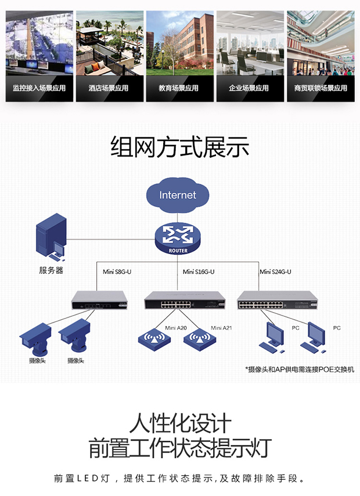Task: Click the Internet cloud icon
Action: [x=178, y=195]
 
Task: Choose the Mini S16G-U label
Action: [x=199, y=271]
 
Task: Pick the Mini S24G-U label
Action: [x=275, y=271]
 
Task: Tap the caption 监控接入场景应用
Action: [x=39, y=88]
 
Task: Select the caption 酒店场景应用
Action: [x=110, y=88]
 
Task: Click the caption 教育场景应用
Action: [x=179, y=88]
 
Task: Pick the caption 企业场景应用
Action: [x=250, y=88]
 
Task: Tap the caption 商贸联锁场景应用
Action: [x=321, y=88]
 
